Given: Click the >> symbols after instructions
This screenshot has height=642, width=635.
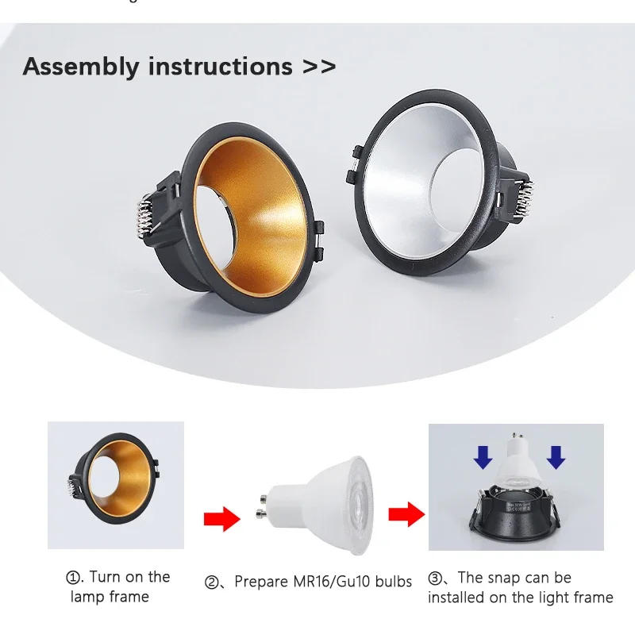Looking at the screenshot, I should pyautogui.click(x=318, y=67).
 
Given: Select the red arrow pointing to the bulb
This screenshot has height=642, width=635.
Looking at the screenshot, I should pyautogui.click(x=221, y=520).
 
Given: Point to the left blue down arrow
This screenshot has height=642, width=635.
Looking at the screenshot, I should pyautogui.click(x=483, y=457).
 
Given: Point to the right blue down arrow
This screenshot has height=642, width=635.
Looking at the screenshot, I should pyautogui.click(x=556, y=457).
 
